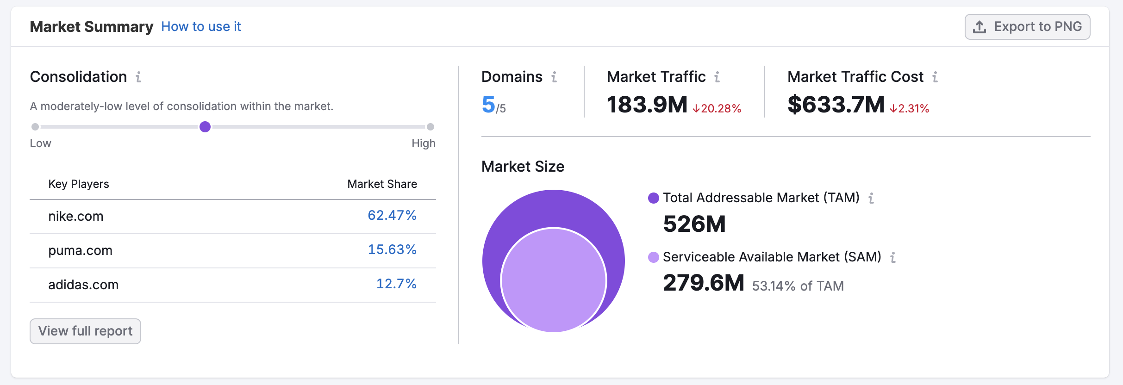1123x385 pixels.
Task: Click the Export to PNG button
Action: click(1027, 27)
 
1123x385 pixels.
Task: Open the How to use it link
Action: click(201, 27)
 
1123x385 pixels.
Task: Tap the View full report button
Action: click(85, 331)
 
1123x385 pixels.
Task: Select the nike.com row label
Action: click(76, 216)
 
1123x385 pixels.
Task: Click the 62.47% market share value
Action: click(392, 216)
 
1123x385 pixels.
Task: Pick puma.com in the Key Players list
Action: click(81, 250)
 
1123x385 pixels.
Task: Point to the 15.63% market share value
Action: click(392, 250)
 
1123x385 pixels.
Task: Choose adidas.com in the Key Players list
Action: click(83, 285)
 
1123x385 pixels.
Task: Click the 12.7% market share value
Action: click(396, 284)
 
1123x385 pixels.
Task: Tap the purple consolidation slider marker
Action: click(205, 127)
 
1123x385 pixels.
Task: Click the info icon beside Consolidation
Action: click(138, 77)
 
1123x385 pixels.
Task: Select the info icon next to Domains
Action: click(554, 77)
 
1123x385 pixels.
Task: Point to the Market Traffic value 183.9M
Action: click(647, 105)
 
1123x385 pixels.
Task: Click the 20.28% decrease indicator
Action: click(717, 109)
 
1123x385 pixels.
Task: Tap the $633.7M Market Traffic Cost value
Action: click(836, 105)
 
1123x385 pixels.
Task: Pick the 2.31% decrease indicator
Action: click(910, 109)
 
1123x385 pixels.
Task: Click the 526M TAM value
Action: click(694, 224)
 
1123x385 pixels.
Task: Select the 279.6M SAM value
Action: click(704, 283)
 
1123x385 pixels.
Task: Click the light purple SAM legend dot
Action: click(654, 257)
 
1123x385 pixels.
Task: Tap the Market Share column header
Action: click(382, 184)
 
